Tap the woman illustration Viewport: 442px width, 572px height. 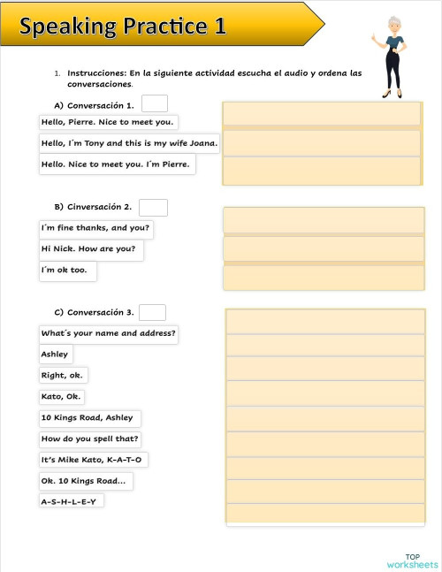[x=391, y=57]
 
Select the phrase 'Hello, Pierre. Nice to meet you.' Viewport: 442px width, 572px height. [x=108, y=122]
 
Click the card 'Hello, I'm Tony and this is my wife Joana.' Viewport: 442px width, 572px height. [x=130, y=143]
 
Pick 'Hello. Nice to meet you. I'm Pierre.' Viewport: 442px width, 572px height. [x=116, y=164]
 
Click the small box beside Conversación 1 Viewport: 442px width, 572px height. [x=155, y=104]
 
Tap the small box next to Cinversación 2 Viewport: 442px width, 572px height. [x=154, y=208]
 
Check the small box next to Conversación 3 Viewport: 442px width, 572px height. [x=152, y=312]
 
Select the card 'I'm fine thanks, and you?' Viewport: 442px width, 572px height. [x=95, y=228]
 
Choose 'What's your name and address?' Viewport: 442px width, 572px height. [x=109, y=334]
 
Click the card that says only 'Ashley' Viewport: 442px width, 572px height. [x=55, y=355]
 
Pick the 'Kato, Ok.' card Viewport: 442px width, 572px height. [x=61, y=397]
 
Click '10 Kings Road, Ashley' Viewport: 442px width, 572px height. [x=88, y=418]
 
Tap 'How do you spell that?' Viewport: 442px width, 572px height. [x=90, y=439]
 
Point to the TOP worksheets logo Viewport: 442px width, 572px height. [x=412, y=561]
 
